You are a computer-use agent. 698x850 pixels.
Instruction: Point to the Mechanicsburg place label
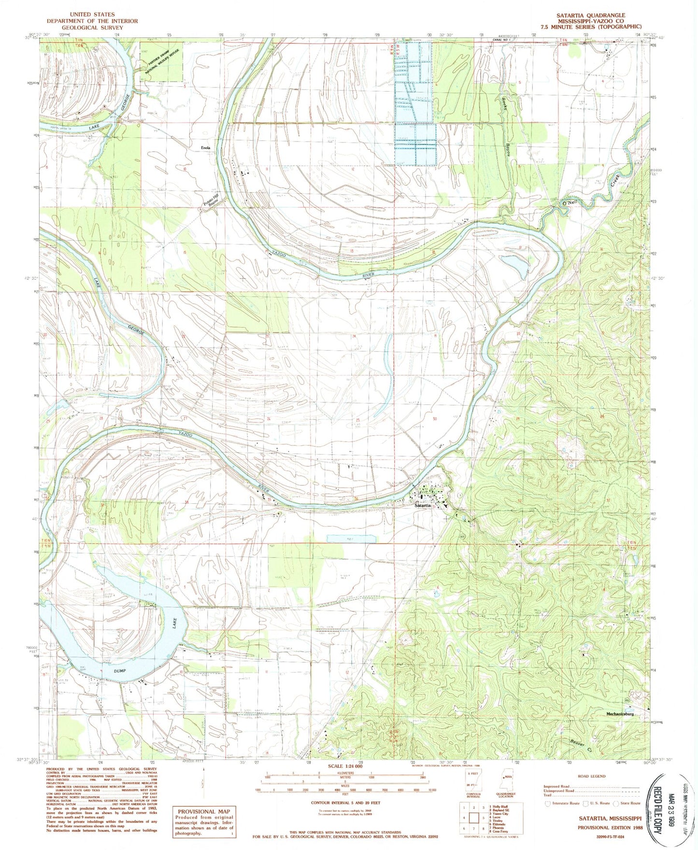[626, 713]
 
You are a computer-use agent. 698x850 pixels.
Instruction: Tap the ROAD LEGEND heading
[591, 776]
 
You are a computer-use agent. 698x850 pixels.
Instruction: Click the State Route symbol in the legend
[616, 803]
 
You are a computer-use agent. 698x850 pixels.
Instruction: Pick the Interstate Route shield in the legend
[547, 803]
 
